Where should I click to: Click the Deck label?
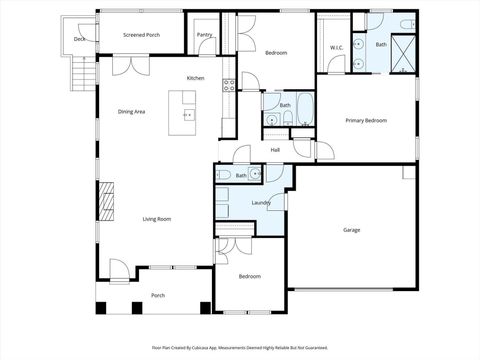[79, 40]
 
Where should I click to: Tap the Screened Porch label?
[141, 34]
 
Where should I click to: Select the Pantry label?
[204, 34]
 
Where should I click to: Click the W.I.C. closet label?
[336, 48]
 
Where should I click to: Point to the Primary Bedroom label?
[366, 120]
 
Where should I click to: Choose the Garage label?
[352, 230]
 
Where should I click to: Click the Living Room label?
[156, 219]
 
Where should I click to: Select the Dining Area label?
[132, 111]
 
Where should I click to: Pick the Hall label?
[274, 151]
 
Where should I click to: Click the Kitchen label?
[195, 78]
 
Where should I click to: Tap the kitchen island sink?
[186, 113]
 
